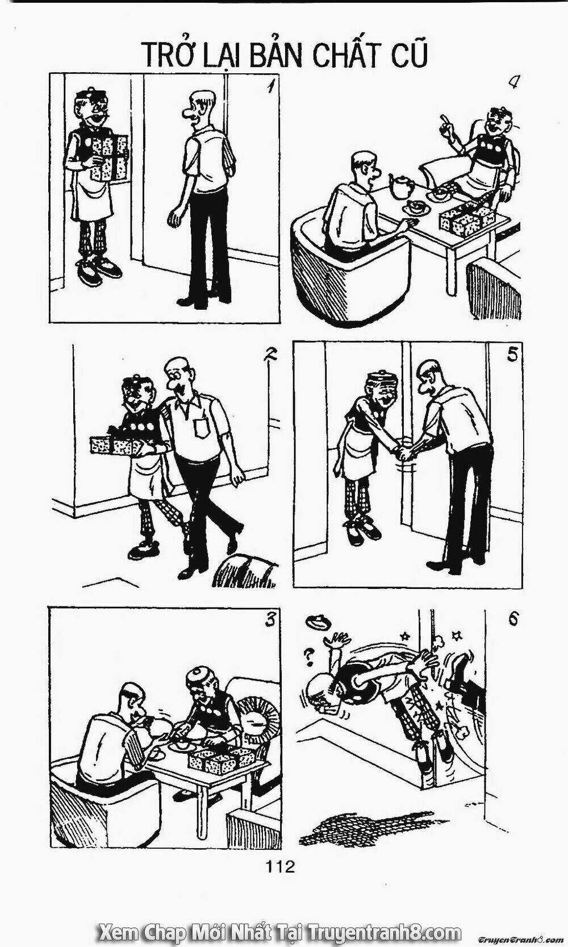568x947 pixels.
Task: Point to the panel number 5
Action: [511, 355]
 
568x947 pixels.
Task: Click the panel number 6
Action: [513, 619]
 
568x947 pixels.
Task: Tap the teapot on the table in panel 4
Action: [401, 186]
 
